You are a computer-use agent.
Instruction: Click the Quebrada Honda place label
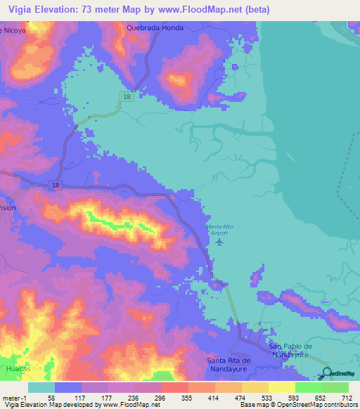pyautogui.click(x=155, y=27)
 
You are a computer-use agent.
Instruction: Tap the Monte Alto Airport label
pyautogui.click(x=219, y=230)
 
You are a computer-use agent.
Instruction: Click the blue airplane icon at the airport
pyautogui.click(x=219, y=242)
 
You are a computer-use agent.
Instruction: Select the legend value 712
pyautogui.click(x=345, y=397)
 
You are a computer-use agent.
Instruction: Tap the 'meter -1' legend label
pyautogui.click(x=14, y=397)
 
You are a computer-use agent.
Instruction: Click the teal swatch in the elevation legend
pyautogui.click(x=41, y=387)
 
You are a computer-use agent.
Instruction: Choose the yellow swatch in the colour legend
pyautogui.click(x=281, y=387)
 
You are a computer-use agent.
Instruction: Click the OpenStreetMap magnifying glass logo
pyautogui.click(x=328, y=372)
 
